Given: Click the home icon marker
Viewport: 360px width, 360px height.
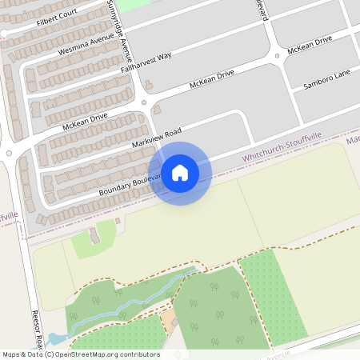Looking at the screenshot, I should (180, 172).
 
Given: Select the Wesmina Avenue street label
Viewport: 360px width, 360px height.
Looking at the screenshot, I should (86, 46).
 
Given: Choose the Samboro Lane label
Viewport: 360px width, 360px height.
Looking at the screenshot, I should (326, 84).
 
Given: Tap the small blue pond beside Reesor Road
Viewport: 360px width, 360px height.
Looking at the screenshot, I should (54, 339).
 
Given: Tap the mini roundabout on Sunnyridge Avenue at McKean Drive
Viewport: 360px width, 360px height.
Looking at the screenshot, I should (144, 102).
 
